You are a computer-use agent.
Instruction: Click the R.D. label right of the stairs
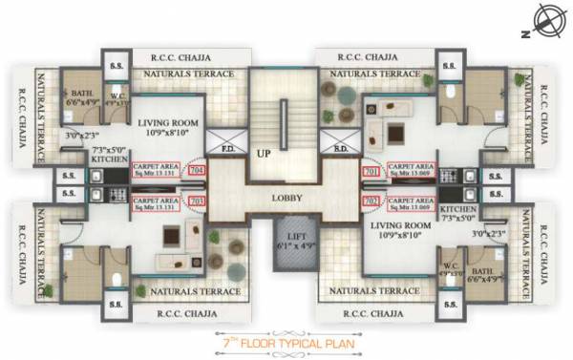click(339, 149)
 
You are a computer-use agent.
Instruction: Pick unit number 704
click(198, 172)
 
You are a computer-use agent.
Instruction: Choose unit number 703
click(198, 201)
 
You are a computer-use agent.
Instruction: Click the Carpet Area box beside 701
click(406, 172)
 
